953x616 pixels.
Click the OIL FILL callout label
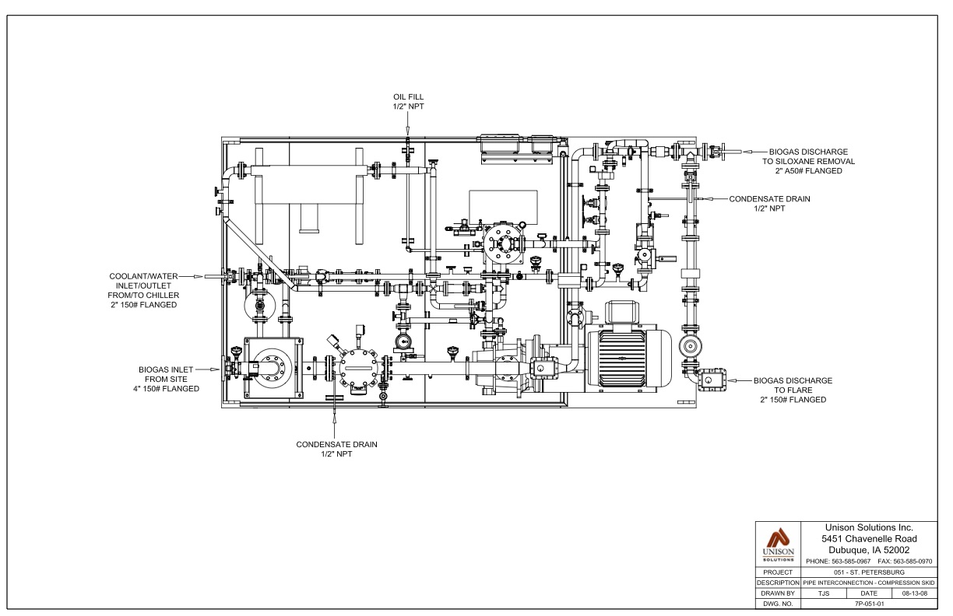click(x=408, y=102)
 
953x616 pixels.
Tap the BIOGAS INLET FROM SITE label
click(x=166, y=380)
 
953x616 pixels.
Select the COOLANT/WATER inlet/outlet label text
click(x=144, y=290)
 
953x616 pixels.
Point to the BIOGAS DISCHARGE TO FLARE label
click(x=793, y=390)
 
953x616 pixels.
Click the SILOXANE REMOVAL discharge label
click(x=808, y=161)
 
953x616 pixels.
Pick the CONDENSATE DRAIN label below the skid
click(x=336, y=449)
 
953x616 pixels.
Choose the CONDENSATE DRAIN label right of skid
click(x=769, y=204)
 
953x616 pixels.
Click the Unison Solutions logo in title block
click(x=778, y=544)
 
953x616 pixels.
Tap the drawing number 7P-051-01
click(x=869, y=604)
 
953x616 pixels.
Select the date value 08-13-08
click(x=915, y=593)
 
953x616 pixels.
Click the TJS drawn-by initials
click(x=824, y=593)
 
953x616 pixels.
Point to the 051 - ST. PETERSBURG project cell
click(x=869, y=572)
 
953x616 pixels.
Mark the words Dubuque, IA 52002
click(x=869, y=550)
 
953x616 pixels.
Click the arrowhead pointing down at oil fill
click(x=407, y=132)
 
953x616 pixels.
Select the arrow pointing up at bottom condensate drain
click(x=335, y=418)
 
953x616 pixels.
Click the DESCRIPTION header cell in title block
click(x=778, y=583)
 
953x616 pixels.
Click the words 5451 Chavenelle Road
click(x=869, y=539)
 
